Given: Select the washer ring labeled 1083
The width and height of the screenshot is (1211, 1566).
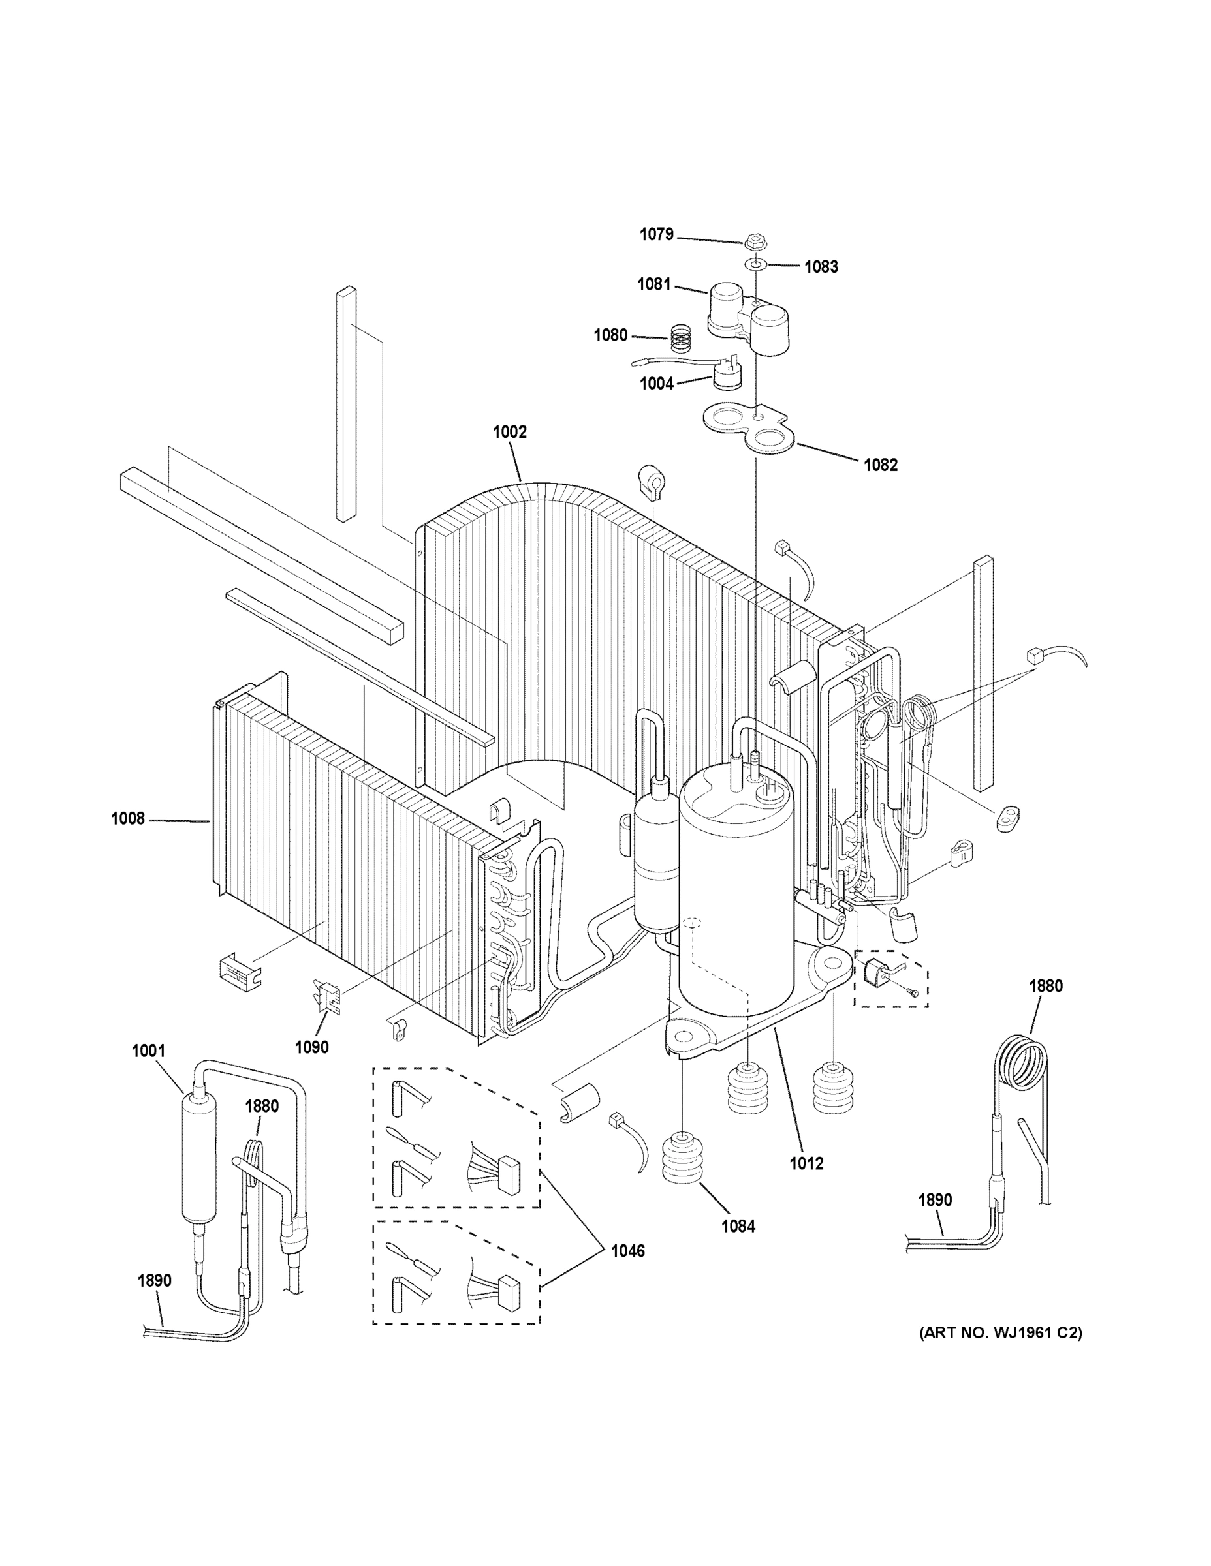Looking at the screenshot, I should tap(755, 264).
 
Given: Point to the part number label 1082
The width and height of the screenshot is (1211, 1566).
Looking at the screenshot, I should tap(880, 465).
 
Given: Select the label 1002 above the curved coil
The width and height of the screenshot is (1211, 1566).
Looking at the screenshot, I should tap(509, 432).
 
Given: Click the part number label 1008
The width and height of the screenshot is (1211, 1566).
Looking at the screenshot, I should tap(128, 818).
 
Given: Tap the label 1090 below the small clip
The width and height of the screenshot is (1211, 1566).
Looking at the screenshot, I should tap(311, 1047).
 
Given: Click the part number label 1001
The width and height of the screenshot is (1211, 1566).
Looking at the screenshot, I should tap(148, 1051).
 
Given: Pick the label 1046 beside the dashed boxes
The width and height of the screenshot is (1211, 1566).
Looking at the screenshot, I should tap(628, 1251).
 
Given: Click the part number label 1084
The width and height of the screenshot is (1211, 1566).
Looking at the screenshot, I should tap(738, 1226).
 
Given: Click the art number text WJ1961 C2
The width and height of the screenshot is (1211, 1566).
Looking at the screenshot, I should tap(1001, 1333).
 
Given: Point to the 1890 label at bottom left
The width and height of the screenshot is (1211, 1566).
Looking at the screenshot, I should tap(154, 1280).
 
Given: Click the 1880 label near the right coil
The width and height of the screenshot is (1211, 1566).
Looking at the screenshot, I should tap(1045, 986).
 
